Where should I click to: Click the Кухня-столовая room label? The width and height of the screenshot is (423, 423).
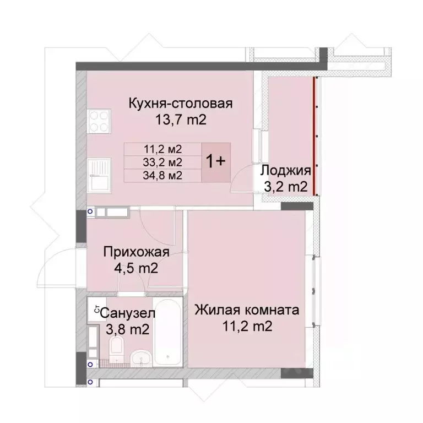[181, 103]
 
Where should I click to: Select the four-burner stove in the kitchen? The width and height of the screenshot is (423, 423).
[99, 121]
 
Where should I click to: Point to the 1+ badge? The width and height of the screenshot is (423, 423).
[215, 161]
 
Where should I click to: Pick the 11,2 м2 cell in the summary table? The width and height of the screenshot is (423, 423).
[162, 148]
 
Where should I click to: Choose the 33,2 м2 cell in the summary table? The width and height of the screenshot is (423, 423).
[162, 162]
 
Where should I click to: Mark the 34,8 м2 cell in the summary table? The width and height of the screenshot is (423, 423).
[162, 176]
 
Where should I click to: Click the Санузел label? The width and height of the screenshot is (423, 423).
[128, 313]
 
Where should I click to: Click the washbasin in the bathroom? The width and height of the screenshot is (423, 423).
[142, 357]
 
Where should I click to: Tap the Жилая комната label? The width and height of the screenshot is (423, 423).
[247, 310]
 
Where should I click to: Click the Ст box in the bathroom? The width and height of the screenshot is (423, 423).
[95, 310]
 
